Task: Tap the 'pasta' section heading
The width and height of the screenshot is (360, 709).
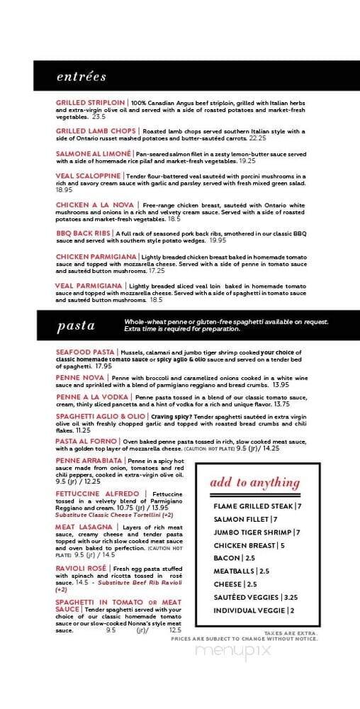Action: pyautogui.click(x=76, y=326)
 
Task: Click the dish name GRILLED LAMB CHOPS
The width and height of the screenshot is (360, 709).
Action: pyautogui.click(x=96, y=131)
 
